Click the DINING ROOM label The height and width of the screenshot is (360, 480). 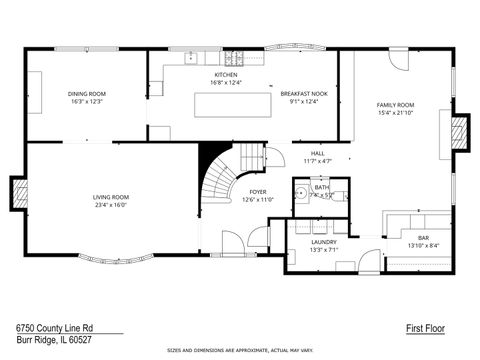click(88, 94)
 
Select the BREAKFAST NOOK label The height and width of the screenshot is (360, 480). click(302, 94)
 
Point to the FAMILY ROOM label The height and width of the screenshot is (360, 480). click(394, 105)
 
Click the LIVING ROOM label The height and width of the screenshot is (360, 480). click(111, 197)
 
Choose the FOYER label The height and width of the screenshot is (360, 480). click(257, 192)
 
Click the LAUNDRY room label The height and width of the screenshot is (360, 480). click(323, 241)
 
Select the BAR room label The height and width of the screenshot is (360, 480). click(423, 238)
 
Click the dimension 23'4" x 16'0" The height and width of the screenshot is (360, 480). click(111, 205)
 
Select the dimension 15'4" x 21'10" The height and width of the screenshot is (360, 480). click(394, 113)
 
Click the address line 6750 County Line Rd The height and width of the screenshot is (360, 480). click(54, 327)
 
